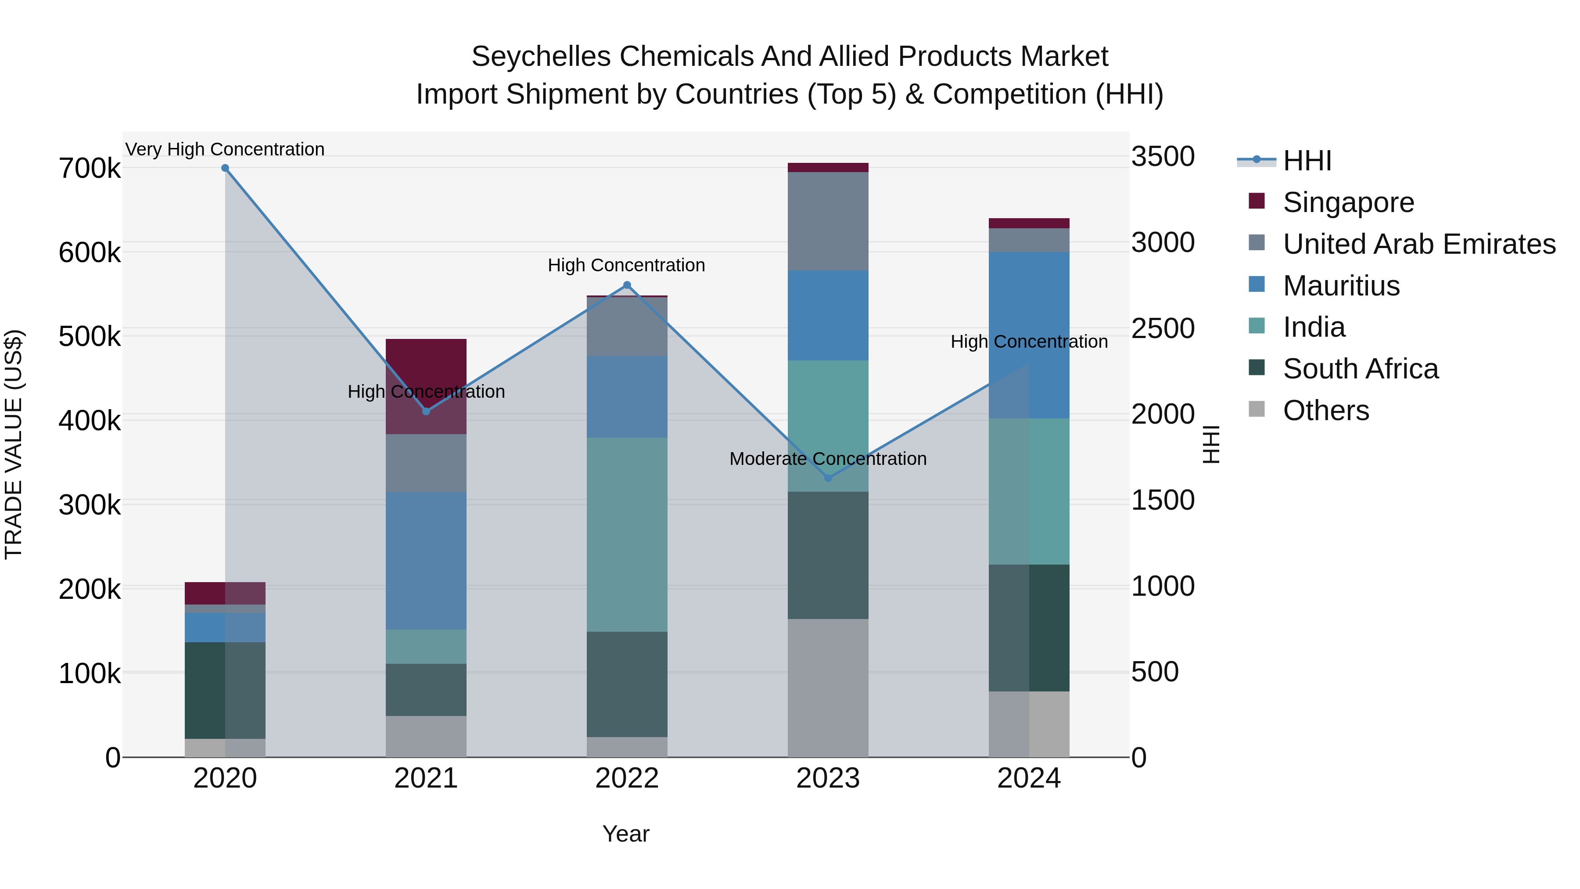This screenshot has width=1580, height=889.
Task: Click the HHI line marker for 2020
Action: point(225,168)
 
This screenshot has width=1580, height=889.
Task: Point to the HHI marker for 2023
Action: point(828,478)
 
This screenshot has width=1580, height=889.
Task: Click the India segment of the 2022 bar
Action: point(627,534)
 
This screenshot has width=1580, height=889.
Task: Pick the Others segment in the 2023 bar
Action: point(828,687)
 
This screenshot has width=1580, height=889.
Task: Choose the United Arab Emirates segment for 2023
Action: point(828,221)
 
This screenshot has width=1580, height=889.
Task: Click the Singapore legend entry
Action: point(1348,202)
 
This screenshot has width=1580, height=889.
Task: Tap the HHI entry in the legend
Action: point(1307,161)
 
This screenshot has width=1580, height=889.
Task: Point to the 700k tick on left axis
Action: point(90,169)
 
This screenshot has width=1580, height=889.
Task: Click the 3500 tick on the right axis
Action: point(1162,156)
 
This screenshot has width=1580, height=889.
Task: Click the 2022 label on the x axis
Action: point(627,778)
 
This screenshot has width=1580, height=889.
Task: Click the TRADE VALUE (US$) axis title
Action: point(14,444)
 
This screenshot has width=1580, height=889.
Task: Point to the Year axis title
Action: point(625,834)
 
